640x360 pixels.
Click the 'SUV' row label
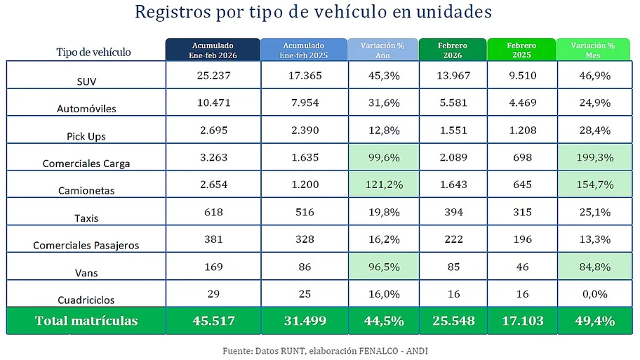(x=86, y=81)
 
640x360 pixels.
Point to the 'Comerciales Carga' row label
(x=86, y=164)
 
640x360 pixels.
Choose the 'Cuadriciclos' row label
(x=86, y=300)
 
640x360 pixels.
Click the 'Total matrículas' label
(x=86, y=321)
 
